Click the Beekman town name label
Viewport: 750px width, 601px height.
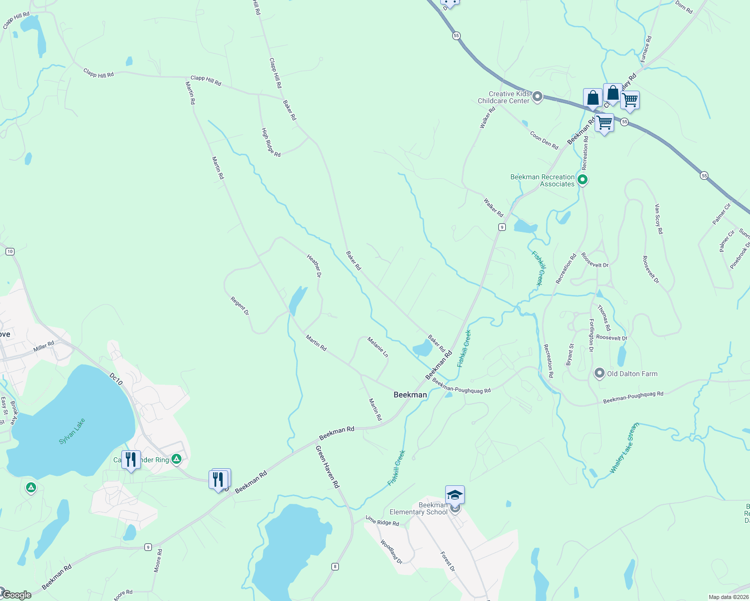tap(410, 395)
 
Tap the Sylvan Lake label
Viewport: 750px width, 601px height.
tap(72, 431)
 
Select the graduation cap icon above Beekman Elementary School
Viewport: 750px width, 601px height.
tap(455, 495)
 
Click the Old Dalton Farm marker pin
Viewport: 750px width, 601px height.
tap(599, 373)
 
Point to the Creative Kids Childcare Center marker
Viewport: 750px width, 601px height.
tap(537, 96)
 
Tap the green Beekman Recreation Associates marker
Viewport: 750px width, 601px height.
tap(582, 179)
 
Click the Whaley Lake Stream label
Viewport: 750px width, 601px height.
tap(625, 449)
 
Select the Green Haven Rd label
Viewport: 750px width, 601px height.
tap(328, 467)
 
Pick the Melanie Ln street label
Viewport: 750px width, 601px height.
tap(378, 347)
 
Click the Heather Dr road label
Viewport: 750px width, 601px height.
tap(314, 265)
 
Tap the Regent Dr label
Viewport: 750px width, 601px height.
tap(240, 306)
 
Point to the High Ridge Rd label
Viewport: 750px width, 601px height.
tap(271, 142)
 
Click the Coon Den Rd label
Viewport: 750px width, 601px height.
tap(544, 140)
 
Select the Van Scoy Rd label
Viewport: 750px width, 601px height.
tap(659, 218)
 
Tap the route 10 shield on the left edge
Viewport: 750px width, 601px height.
tap(10, 251)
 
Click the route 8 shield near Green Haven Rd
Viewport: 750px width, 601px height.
tap(335, 567)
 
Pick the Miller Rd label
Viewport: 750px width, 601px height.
tap(44, 346)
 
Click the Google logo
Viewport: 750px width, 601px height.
tap(17, 595)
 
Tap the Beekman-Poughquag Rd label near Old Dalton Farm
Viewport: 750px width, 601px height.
tap(633, 398)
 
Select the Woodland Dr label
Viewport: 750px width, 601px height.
tap(391, 552)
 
